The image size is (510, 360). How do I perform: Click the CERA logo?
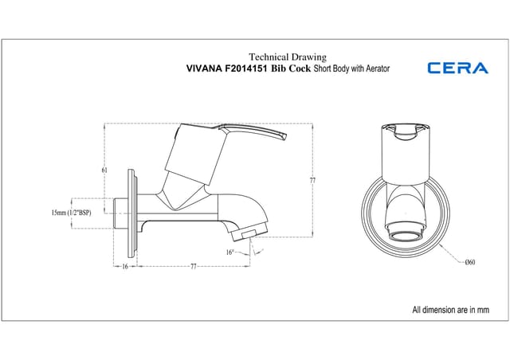[x=458, y=68]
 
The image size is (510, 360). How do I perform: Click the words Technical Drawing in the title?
[x=288, y=57]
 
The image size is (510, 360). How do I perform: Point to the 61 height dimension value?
[x=105, y=170]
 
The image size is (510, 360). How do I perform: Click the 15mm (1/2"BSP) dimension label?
[x=69, y=213]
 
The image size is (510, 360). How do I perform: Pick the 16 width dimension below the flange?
[x=125, y=267]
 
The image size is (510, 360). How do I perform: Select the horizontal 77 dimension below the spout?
[x=193, y=267]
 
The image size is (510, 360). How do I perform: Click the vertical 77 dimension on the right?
[x=312, y=181]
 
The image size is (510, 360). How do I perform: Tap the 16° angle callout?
[x=229, y=252]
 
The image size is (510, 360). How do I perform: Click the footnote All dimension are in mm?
[x=449, y=309]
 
